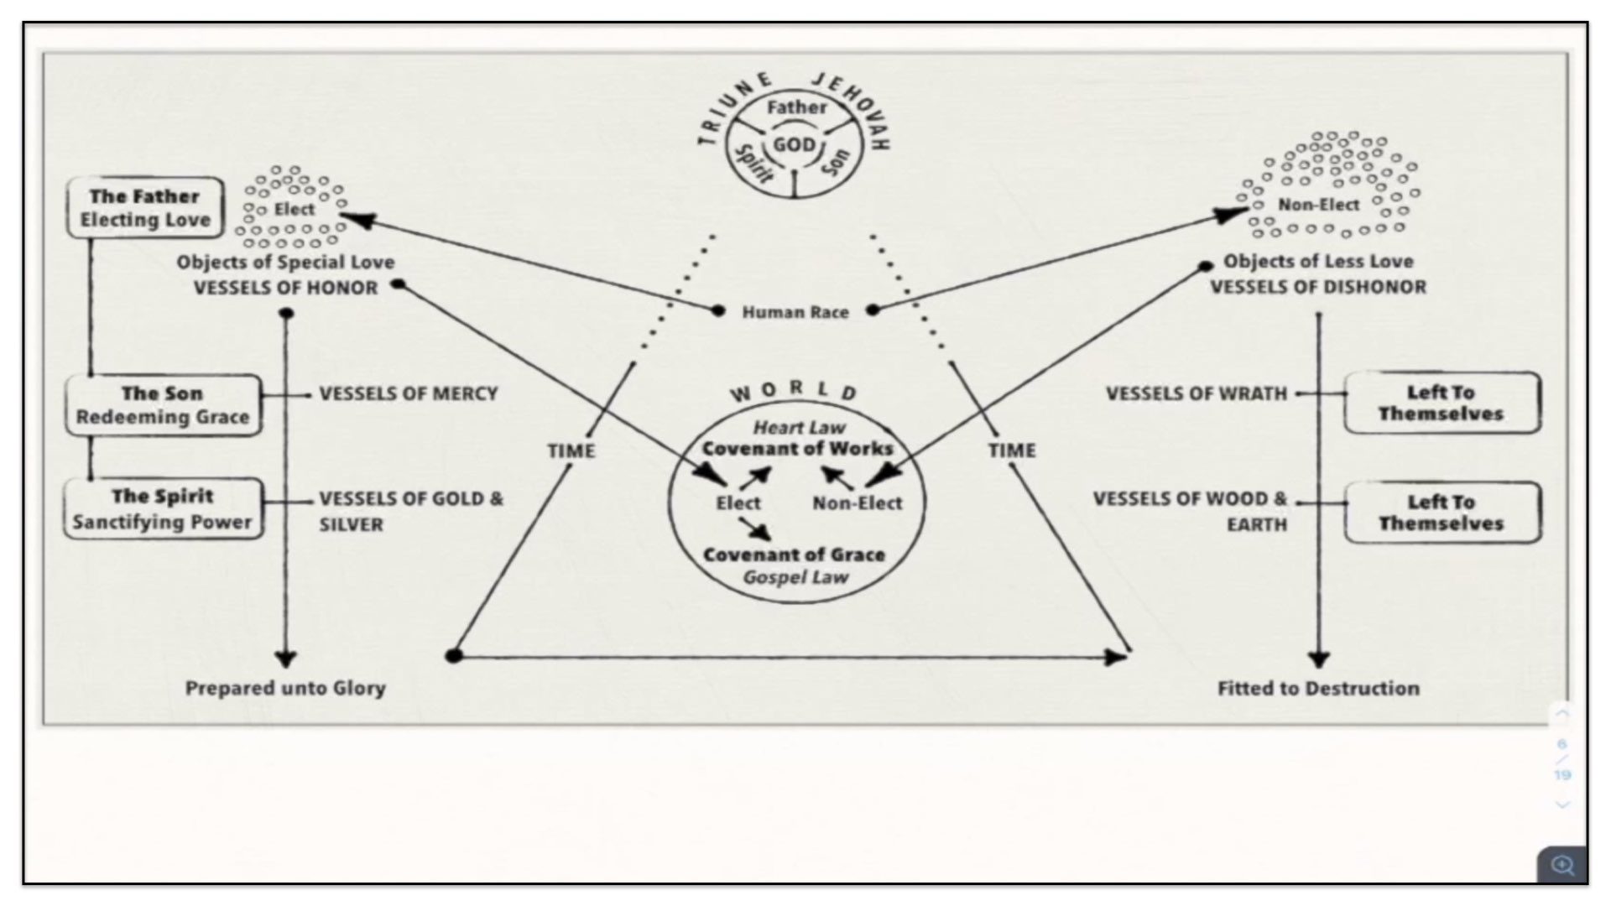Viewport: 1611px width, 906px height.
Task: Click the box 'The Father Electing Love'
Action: [145, 208]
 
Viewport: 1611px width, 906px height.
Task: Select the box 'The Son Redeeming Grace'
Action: [163, 405]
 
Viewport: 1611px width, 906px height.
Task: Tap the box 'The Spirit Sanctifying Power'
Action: [163, 509]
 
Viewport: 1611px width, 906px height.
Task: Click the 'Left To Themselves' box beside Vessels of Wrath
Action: [1441, 404]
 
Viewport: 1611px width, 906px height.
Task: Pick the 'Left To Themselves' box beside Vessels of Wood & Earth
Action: [1441, 513]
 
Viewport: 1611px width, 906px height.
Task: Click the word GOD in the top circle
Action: [794, 145]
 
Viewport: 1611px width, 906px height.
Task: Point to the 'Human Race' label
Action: [795, 312]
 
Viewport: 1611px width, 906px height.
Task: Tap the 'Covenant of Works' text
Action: [797, 449]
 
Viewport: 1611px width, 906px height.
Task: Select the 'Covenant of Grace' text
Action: [794, 555]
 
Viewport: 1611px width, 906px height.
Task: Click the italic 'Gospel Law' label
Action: [795, 577]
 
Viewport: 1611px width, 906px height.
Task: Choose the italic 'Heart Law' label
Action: [799, 428]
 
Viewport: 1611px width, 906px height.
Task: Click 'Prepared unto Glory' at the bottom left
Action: [285, 688]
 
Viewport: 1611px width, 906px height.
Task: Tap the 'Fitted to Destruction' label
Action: [1318, 688]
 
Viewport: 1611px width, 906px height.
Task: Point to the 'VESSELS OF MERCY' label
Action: [409, 393]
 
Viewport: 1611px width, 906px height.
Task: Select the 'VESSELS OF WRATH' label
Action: [1196, 393]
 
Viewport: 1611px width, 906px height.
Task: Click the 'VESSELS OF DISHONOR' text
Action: [1317, 287]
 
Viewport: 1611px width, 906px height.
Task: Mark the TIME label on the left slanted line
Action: [571, 450]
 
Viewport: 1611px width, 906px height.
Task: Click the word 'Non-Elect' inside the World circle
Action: [857, 503]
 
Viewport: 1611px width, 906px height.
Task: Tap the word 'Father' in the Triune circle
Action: [796, 107]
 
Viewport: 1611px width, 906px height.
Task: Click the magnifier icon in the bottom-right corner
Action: [1562, 865]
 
